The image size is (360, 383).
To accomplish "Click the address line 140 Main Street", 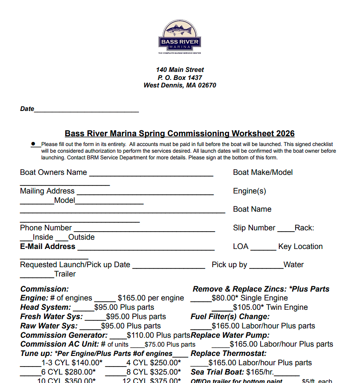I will click(x=180, y=70).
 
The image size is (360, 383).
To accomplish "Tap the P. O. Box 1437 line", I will click(x=180, y=78).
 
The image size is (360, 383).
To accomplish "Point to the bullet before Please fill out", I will click(x=33, y=144).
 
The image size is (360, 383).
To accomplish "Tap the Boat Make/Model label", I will click(x=263, y=172).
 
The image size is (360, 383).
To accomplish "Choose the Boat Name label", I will click(x=252, y=209).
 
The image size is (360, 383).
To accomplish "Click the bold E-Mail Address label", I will click(x=47, y=246).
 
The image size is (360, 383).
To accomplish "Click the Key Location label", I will click(x=301, y=246).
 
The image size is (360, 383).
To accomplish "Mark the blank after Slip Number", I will click(x=285, y=229).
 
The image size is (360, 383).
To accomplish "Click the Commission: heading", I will click(x=44, y=289).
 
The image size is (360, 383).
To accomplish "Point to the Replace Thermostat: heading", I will click(x=228, y=353).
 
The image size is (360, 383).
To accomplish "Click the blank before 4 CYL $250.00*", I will click(x=115, y=364).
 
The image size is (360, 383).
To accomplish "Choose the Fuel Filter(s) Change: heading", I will click(x=230, y=316).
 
